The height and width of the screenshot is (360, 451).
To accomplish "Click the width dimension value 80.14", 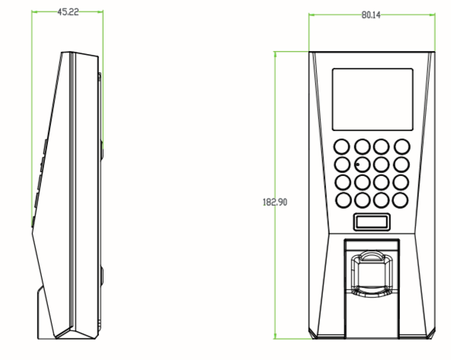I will (371, 14).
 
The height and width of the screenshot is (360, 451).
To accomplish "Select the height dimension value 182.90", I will (276, 201).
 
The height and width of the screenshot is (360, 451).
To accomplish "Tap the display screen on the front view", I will (373, 99).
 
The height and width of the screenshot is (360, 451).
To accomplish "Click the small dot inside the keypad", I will (355, 164).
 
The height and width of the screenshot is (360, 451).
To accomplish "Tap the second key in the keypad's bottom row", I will (362, 200).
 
